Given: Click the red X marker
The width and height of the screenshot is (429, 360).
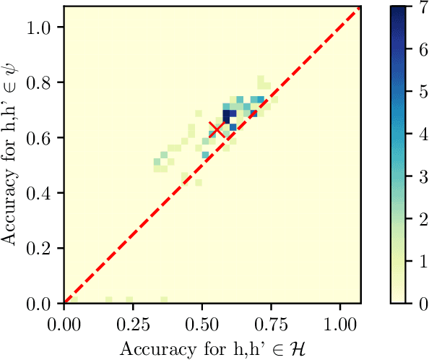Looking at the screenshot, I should coord(216,129).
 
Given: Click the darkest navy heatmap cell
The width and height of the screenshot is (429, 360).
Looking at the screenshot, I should coord(227,114).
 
